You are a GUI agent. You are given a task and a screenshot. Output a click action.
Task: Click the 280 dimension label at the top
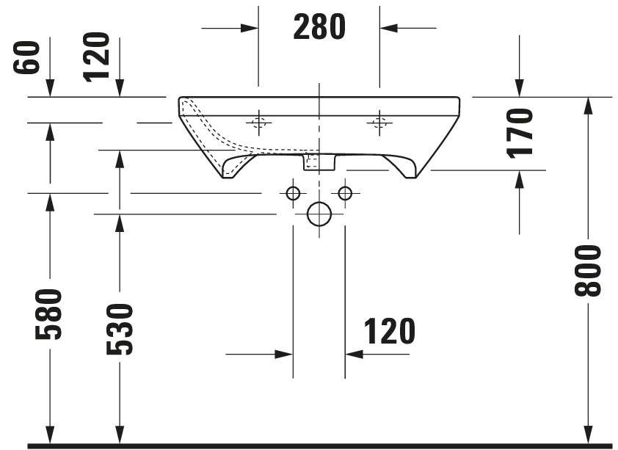point(319,27)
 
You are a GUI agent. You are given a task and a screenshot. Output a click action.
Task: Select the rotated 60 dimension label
point(27,57)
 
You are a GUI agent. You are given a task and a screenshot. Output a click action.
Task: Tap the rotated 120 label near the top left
point(96,57)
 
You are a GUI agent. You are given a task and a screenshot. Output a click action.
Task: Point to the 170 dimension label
point(520,134)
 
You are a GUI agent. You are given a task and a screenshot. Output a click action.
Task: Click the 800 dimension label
point(587,271)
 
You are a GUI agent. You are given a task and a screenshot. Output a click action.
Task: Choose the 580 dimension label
point(48,314)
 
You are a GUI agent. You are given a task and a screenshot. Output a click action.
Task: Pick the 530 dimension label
point(120,329)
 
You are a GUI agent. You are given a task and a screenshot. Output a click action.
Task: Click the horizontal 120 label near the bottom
point(390,331)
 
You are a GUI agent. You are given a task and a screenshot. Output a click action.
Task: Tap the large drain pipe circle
point(319,214)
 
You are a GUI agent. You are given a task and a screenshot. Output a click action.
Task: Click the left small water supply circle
point(293,193)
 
